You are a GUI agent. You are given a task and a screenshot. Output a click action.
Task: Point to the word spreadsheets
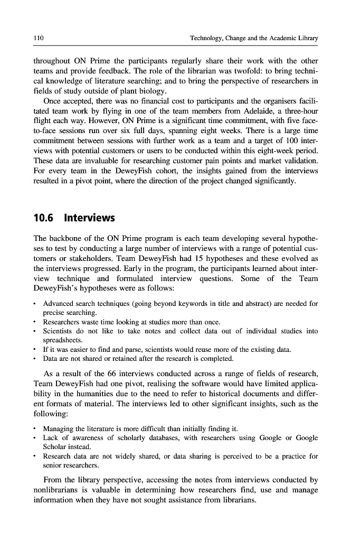coord(62,341)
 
